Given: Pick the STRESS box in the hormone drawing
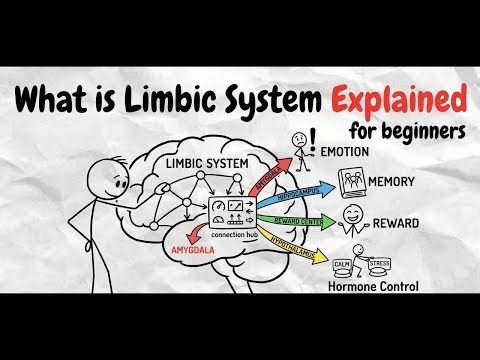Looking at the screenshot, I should pyautogui.click(x=377, y=265).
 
